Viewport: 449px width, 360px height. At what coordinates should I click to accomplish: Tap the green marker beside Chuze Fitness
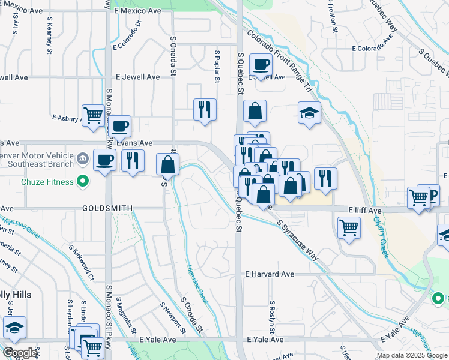point(84,181)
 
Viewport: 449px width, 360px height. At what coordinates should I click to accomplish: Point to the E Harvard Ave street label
point(270,274)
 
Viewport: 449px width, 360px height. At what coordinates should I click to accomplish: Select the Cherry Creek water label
point(381,237)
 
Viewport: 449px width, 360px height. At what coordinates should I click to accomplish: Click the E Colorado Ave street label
point(373,48)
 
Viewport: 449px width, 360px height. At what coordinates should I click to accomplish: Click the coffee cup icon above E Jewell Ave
point(261,64)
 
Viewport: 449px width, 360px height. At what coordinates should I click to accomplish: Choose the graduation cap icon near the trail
point(309,112)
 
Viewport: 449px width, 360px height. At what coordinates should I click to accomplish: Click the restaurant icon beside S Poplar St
point(205,109)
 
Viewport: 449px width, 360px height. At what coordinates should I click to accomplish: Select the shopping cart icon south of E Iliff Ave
point(349,227)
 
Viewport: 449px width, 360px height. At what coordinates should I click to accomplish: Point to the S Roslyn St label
point(272,317)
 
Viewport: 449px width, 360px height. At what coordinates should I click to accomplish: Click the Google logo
point(20,353)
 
